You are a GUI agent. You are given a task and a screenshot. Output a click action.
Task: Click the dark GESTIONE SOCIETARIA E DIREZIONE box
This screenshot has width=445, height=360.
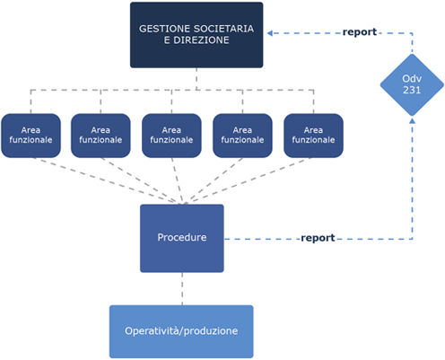pyautogui.click(x=196, y=35)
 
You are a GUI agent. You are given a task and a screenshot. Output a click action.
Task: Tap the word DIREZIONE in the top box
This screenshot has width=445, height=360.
pyautogui.click(x=201, y=40)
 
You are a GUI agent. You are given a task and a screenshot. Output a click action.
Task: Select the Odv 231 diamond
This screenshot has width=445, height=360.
pyautogui.click(x=412, y=84)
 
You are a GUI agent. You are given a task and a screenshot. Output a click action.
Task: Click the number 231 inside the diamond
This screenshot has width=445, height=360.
pyautogui.click(x=412, y=90)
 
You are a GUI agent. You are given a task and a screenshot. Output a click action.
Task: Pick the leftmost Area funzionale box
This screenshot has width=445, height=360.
pyautogui.click(x=31, y=136)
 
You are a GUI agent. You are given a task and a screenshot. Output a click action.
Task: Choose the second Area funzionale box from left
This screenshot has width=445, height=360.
pyautogui.click(x=100, y=136)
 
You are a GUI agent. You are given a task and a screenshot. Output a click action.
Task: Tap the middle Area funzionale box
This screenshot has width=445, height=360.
pyautogui.click(x=171, y=136)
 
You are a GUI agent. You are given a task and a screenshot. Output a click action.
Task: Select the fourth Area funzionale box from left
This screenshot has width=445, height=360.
pyautogui.click(x=242, y=136)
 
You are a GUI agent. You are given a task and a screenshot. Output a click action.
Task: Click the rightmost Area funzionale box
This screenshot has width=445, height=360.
pyautogui.click(x=313, y=136)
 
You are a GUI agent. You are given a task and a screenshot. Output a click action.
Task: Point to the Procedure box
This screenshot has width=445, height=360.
pyautogui.click(x=182, y=238)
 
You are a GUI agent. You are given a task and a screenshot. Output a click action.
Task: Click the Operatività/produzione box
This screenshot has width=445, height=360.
pyautogui.click(x=181, y=331)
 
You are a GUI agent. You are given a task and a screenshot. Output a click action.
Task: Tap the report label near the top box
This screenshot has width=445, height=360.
pyautogui.click(x=360, y=32)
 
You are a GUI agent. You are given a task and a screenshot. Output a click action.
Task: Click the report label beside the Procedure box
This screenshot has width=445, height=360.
pyautogui.click(x=318, y=238)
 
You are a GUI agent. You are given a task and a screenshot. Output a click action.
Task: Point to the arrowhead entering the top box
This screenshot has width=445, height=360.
pyautogui.click(x=269, y=33)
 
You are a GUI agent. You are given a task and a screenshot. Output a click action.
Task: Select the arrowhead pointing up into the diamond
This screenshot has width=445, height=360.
pyautogui.click(x=412, y=120)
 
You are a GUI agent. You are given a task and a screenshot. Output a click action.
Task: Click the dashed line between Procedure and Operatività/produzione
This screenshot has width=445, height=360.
pyautogui.click(x=182, y=289)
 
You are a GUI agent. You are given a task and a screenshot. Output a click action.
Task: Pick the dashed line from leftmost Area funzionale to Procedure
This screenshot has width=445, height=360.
pyautogui.click(x=106, y=181)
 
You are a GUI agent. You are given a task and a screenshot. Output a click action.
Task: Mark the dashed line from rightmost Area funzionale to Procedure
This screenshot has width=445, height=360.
pyautogui.click(x=248, y=181)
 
